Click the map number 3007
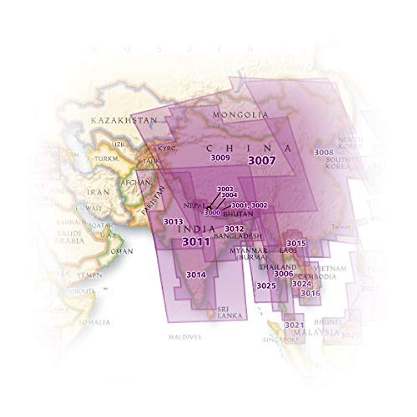coord(262,161)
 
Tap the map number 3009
coord(220,158)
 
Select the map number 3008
coord(324,152)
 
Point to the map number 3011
coord(196,242)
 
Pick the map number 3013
coord(173,221)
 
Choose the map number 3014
coord(196,275)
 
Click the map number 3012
coord(234,229)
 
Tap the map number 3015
coord(296,243)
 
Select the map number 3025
coord(266,286)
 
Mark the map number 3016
coord(310,293)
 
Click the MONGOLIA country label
coord(240,115)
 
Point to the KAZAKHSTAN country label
coord(124,121)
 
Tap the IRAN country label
coord(98,192)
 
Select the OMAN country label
coord(122,251)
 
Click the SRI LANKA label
coord(227,312)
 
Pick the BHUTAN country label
coord(238,214)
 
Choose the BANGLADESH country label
coord(238,236)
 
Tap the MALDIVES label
coord(185,337)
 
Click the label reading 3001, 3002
coord(249,205)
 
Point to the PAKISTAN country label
coord(152,200)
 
